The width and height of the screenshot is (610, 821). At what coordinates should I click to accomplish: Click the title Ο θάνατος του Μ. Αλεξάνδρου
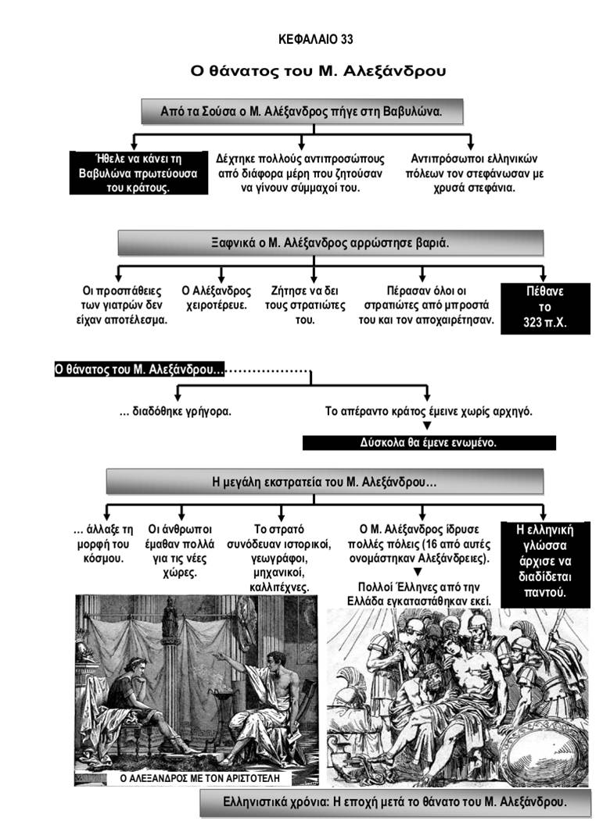pos(319,70)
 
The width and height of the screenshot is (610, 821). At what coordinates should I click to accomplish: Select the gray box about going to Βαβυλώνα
pos(301,112)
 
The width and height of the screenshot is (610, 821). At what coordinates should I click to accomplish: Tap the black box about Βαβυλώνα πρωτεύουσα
pos(138,173)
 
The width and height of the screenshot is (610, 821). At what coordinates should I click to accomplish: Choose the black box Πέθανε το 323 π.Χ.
pos(545,307)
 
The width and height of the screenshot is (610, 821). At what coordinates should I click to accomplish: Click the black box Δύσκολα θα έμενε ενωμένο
pos(429,442)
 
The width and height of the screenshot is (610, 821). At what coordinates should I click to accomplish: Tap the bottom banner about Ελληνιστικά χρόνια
pos(394,801)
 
